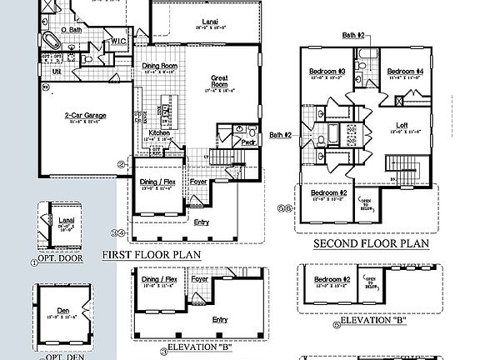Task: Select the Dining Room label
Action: click(x=160, y=66)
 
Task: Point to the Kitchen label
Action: click(x=160, y=132)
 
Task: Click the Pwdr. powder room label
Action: click(x=247, y=142)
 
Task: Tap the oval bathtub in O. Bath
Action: click(x=50, y=40)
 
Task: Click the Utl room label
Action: click(x=57, y=72)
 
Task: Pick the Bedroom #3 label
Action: click(x=327, y=72)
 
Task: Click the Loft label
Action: click(x=402, y=126)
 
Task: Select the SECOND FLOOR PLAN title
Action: click(x=370, y=244)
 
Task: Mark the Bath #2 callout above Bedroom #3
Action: click(x=352, y=35)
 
